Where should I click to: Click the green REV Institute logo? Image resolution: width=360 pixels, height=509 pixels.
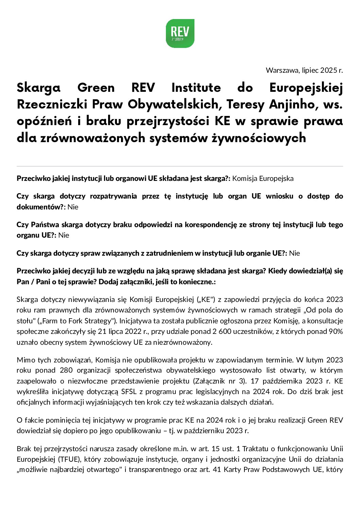(x=180, y=33)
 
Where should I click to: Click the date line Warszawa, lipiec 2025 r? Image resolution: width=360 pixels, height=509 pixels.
(x=304, y=70)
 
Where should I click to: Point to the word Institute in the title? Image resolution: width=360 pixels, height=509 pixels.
(x=196, y=88)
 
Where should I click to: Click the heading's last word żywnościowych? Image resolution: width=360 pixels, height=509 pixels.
(x=259, y=138)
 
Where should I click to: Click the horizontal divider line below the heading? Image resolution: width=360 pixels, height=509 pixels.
(x=180, y=166)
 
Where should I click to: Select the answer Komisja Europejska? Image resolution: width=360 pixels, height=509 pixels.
(x=263, y=179)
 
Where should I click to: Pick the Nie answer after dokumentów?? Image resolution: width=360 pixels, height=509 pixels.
(x=73, y=207)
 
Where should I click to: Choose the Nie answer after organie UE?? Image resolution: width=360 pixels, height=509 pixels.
(x=294, y=253)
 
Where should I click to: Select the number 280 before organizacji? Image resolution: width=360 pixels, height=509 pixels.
(x=66, y=370)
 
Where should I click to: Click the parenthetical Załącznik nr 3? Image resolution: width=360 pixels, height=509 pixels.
(x=219, y=381)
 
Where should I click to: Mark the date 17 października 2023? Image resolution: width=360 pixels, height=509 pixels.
(x=285, y=381)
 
